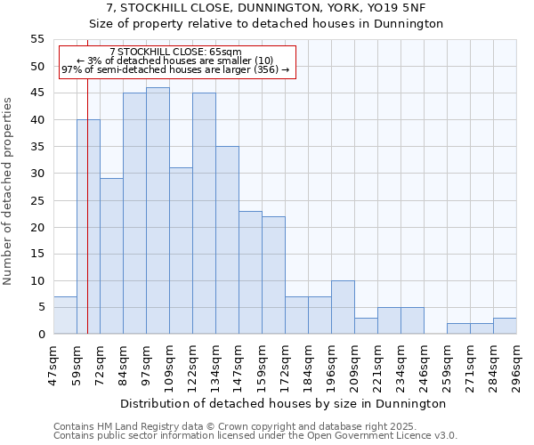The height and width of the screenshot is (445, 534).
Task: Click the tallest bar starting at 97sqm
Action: (x=158, y=211)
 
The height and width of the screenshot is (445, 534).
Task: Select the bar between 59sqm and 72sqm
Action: (x=88, y=227)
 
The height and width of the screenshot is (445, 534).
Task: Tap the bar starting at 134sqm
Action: (x=227, y=240)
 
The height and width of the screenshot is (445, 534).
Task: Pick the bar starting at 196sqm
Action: (x=343, y=307)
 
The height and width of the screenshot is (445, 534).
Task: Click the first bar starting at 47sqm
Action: (x=65, y=315)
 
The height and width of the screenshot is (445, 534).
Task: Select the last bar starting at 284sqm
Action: (x=505, y=326)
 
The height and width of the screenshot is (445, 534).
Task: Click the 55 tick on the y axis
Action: (x=37, y=39)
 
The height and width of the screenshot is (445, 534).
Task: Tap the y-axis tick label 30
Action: (x=37, y=174)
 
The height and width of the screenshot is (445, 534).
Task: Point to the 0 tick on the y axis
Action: (x=41, y=334)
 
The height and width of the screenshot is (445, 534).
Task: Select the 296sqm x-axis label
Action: (x=517, y=365)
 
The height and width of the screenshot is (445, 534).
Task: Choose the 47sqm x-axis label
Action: (x=54, y=365)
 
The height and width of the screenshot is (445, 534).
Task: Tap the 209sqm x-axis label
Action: (x=355, y=365)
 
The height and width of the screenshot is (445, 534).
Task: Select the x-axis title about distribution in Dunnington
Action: (x=282, y=403)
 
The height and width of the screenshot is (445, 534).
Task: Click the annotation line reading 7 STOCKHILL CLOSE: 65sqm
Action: (x=175, y=52)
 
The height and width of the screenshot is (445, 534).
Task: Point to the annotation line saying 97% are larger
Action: (x=175, y=69)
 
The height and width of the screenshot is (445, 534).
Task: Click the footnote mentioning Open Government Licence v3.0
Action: (x=255, y=436)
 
